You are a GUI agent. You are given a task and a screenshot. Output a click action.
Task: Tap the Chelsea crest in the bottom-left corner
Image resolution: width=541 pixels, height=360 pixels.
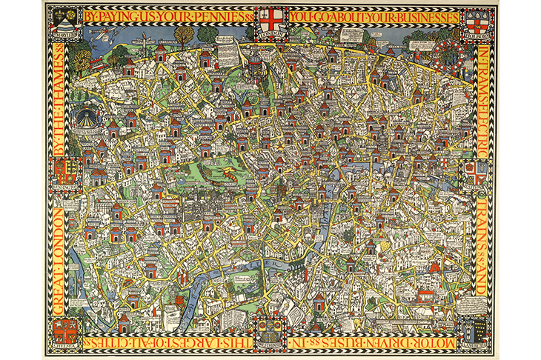67,330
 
